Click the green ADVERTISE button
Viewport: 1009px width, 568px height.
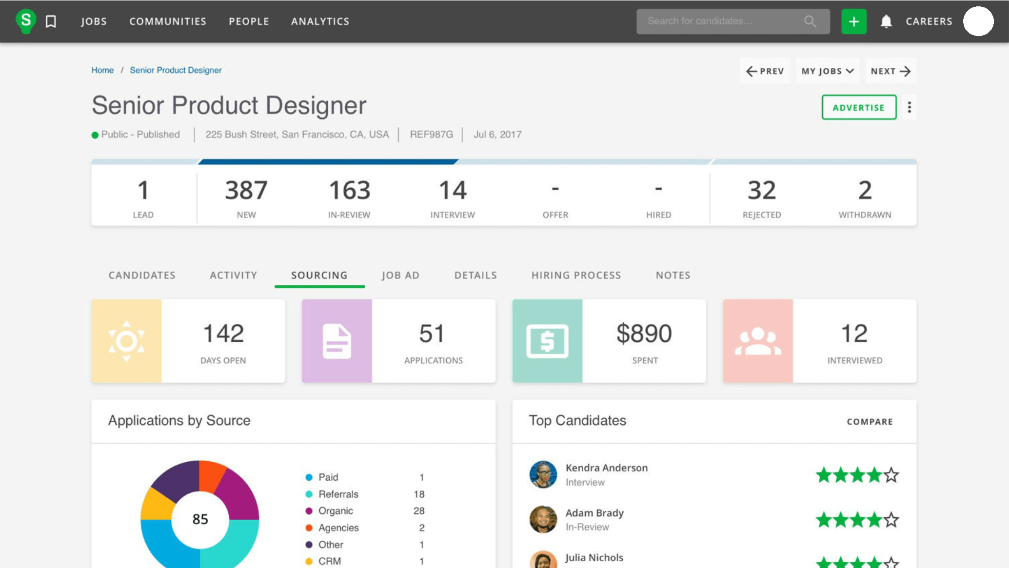coord(859,107)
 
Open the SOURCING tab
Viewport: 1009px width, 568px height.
coord(319,275)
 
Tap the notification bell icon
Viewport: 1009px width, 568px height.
coord(886,21)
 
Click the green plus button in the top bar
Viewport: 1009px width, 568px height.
coord(853,21)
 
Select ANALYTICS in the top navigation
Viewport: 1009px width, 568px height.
coord(320,21)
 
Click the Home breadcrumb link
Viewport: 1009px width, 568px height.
coord(102,70)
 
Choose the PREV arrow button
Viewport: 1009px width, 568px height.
coord(765,71)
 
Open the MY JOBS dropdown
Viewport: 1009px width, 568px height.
coord(827,71)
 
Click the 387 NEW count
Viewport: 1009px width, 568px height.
coord(246,191)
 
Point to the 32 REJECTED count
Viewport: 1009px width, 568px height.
coord(761,191)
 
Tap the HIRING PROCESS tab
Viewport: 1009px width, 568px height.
coord(576,275)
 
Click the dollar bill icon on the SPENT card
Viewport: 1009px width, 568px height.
coord(547,341)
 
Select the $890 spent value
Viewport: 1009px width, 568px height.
coord(644,334)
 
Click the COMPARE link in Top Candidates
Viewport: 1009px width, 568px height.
coord(870,422)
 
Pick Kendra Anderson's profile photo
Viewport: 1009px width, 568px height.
coord(543,474)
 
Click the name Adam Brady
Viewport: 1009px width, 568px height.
coord(594,513)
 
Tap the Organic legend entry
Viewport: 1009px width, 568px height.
coord(336,511)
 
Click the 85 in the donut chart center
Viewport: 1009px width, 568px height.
coord(200,519)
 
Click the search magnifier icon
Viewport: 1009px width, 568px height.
coord(810,21)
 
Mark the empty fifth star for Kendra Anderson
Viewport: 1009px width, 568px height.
coord(891,475)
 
